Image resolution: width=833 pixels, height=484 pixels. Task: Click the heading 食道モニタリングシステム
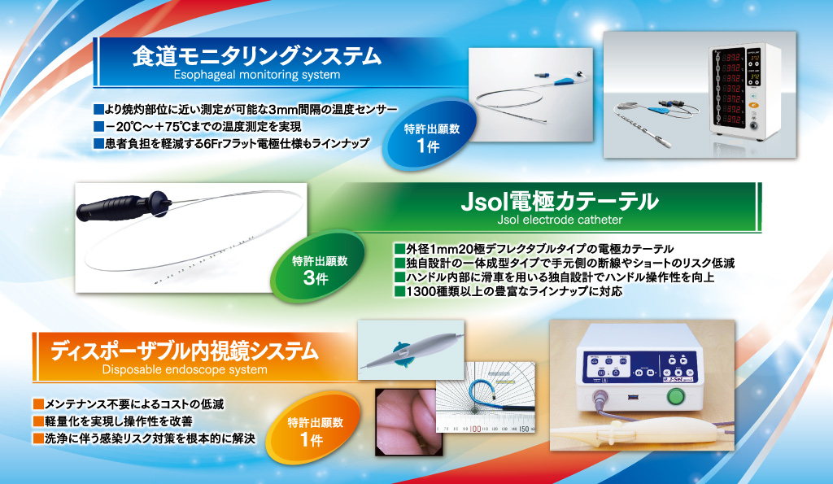pos(256,56)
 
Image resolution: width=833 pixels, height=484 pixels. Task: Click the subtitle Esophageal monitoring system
pos(256,75)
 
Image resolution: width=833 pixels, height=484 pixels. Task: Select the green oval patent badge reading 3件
pos(319,268)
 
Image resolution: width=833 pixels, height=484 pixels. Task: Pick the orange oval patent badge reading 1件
pos(314,429)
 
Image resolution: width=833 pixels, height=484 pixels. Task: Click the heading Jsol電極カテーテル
pos(560,202)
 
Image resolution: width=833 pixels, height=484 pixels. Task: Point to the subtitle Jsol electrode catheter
pos(560,220)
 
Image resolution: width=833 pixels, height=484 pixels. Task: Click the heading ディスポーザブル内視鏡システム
pos(185,351)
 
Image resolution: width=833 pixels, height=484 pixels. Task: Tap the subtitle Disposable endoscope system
pos(185,370)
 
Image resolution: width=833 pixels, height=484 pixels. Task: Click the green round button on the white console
pos(676,396)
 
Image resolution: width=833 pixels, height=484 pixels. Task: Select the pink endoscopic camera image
pos(409,422)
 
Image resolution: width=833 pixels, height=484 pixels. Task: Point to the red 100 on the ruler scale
pos(475,428)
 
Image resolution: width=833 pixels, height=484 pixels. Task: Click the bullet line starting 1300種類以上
pos(508,291)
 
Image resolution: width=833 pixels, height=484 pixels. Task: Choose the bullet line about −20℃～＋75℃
pos(198,126)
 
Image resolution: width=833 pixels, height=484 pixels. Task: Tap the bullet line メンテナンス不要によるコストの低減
pos(129,404)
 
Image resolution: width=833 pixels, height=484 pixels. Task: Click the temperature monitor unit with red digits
pos(745,93)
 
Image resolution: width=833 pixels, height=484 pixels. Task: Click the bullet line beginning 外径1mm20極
pos(534,249)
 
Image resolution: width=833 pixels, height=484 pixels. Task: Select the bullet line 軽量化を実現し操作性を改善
pos(112,421)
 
